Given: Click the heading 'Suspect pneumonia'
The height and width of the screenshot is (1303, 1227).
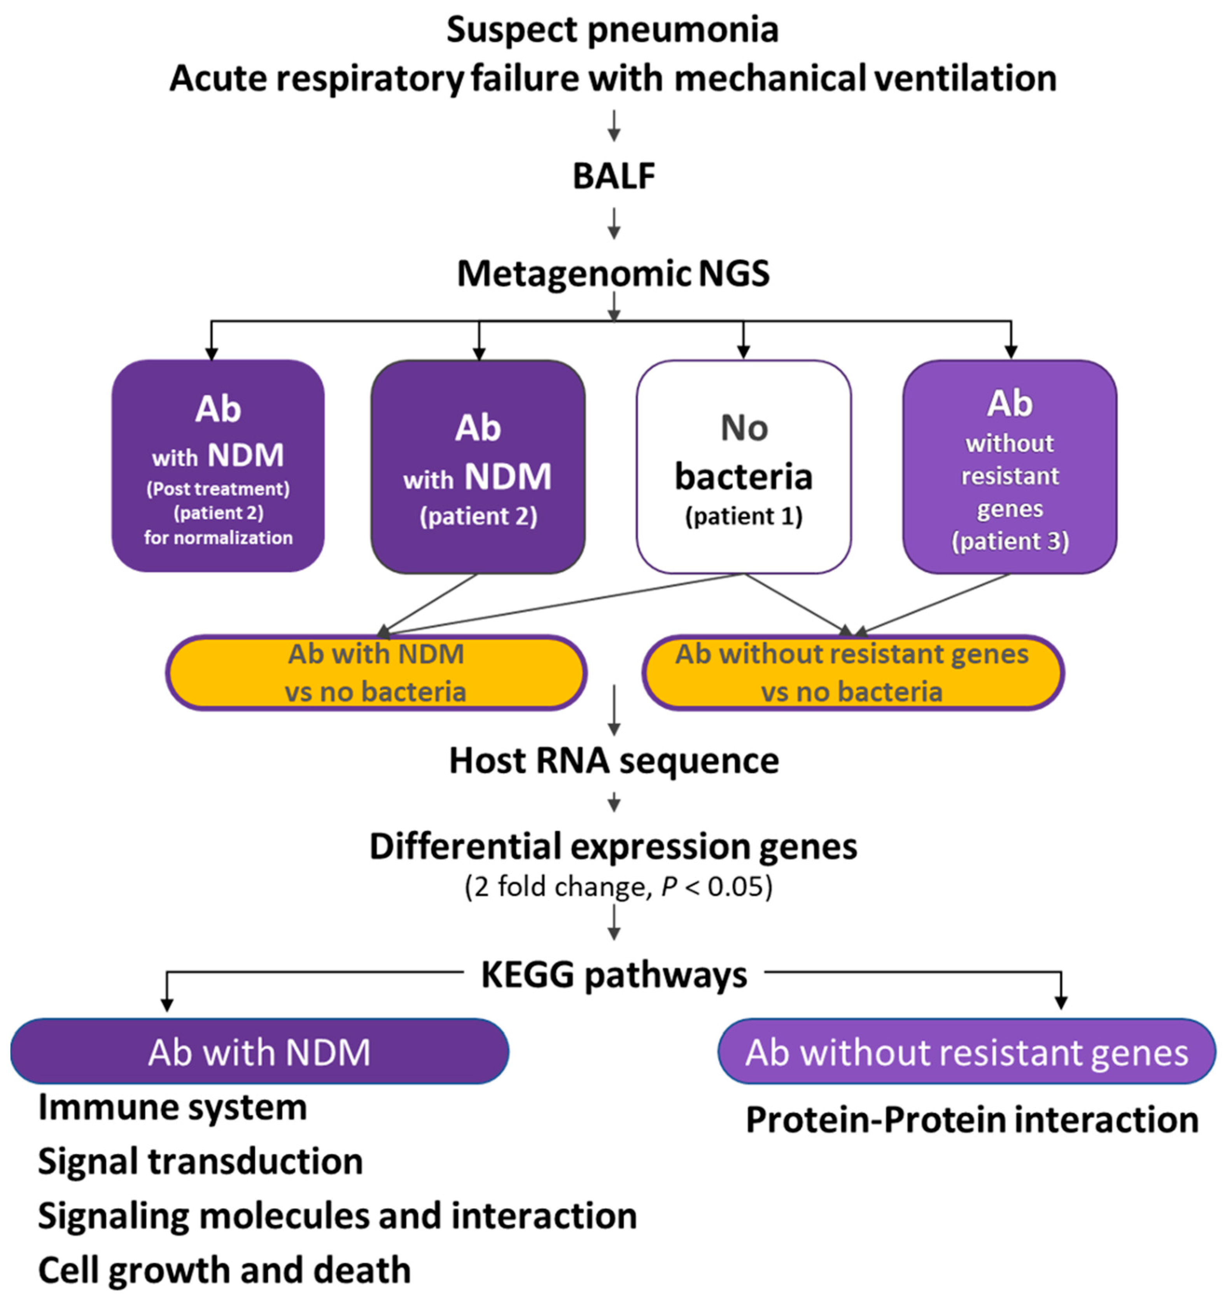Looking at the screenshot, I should (x=613, y=30).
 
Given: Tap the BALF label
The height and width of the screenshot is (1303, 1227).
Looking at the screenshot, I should (x=614, y=176).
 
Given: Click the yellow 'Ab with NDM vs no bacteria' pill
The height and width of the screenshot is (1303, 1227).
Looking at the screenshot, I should (x=376, y=672).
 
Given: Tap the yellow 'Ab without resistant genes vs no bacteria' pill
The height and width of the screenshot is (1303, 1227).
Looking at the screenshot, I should (x=852, y=672).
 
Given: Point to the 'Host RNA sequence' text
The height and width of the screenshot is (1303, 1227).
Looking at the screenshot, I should (x=614, y=761).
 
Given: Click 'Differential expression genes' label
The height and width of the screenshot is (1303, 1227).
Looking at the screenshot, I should (x=613, y=846).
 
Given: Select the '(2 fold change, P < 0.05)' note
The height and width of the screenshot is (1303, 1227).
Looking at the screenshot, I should (x=618, y=886).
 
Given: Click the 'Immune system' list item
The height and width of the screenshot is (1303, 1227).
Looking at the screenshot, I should (x=172, y=1107).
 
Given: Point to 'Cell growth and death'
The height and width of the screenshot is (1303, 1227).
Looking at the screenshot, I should (x=224, y=1270).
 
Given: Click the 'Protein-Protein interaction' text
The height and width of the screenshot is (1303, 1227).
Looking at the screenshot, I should (x=972, y=1120).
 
